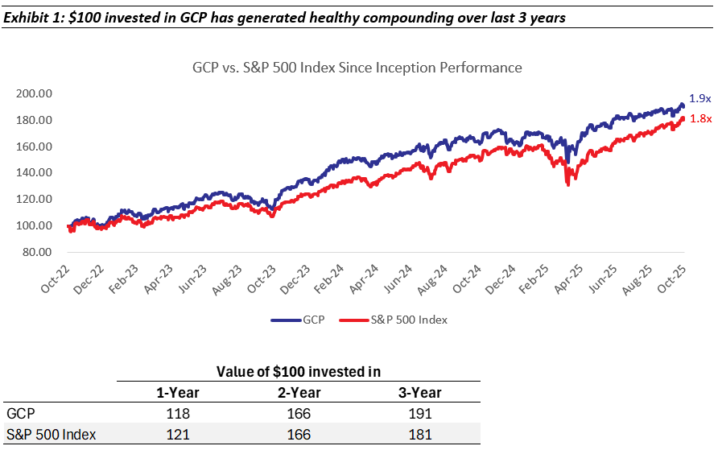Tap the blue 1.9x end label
[x=699, y=98]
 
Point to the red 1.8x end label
[x=699, y=118]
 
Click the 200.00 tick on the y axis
[x=35, y=93]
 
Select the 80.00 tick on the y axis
[x=37, y=252]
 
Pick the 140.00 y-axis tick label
[x=35, y=173]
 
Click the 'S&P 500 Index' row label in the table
[x=51, y=435]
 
